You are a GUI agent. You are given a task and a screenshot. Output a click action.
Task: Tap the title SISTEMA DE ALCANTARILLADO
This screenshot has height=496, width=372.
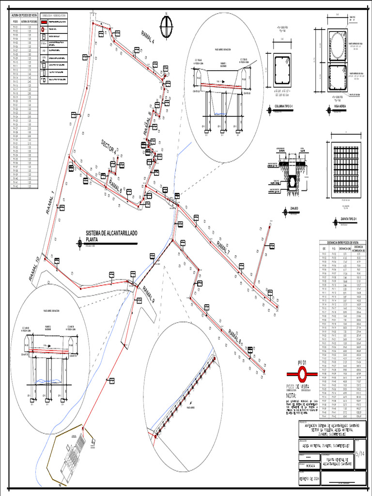[x=111, y=233]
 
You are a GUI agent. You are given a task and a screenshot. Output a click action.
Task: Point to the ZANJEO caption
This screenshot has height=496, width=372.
[x=294, y=209]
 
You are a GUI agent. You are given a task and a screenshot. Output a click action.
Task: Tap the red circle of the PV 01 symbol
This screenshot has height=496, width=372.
[x=303, y=373]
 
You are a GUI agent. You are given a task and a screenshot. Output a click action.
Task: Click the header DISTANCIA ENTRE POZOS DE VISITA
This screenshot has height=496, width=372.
[x=342, y=242]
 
